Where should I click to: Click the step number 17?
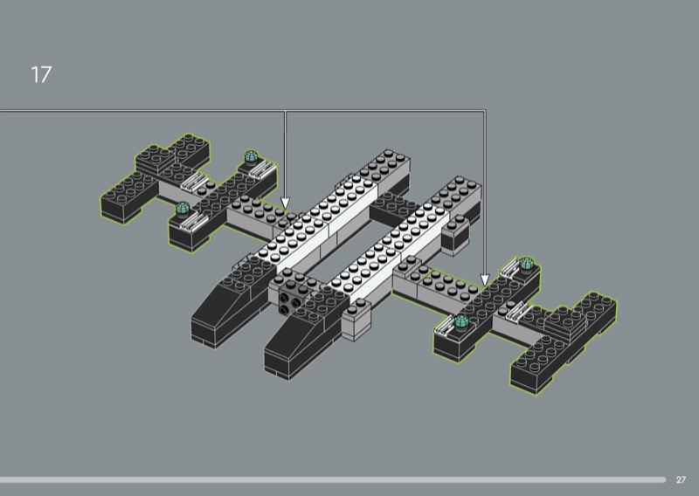[41, 74]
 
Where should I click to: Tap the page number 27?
[681, 479]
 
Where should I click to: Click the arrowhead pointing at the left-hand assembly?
[286, 203]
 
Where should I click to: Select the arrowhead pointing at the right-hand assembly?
[485, 279]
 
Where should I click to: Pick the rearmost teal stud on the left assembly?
[251, 157]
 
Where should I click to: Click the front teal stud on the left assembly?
[183, 208]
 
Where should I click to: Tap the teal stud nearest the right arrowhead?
[527, 264]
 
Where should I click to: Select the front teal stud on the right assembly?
[461, 320]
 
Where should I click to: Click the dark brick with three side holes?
[290, 300]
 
